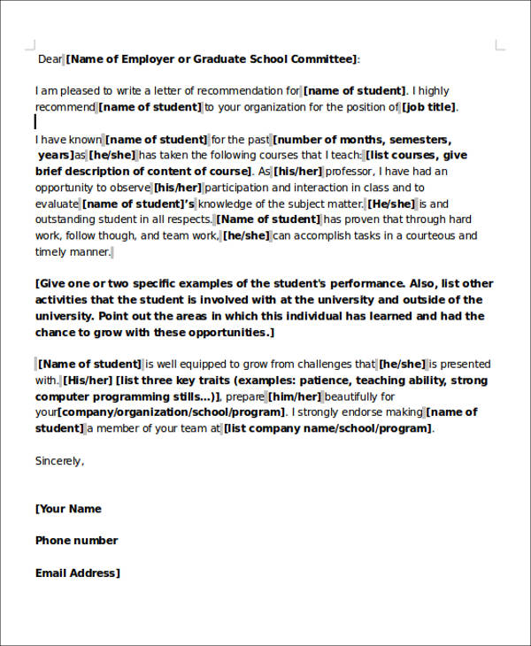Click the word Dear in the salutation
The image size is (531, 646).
click(50, 59)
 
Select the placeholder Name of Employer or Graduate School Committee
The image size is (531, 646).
click(212, 59)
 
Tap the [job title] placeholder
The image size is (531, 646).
click(430, 107)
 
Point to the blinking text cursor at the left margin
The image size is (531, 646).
click(36, 122)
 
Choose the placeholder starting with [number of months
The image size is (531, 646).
click(362, 140)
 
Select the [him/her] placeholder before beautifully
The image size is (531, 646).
click(294, 396)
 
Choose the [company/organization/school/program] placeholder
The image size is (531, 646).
click(173, 412)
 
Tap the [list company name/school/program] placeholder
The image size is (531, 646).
click(328, 428)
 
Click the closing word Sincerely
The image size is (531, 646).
click(59, 460)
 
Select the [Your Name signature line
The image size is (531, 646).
click(68, 509)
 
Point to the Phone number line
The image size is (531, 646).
click(76, 541)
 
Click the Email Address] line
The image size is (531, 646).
click(77, 573)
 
